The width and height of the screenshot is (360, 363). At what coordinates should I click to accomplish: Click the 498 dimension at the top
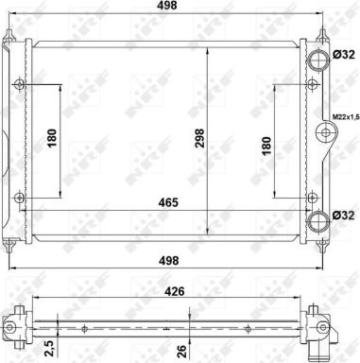coord(167,6)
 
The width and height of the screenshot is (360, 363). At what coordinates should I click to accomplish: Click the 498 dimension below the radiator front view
coord(169,261)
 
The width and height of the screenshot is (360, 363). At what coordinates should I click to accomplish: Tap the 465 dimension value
coord(168,202)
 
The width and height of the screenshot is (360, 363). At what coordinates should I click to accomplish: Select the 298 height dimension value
coord(200,138)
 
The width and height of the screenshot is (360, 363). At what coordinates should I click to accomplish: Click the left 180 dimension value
coord(52,138)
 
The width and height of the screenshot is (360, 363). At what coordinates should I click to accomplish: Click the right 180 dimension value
coord(266,146)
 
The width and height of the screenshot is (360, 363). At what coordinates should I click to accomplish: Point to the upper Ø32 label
coord(344,55)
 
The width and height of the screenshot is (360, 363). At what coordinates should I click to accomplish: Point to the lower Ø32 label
coord(344,216)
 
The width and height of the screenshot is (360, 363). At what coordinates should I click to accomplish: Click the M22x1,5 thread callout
coord(346,117)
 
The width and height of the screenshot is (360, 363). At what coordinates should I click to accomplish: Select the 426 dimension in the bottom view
coord(175,291)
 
